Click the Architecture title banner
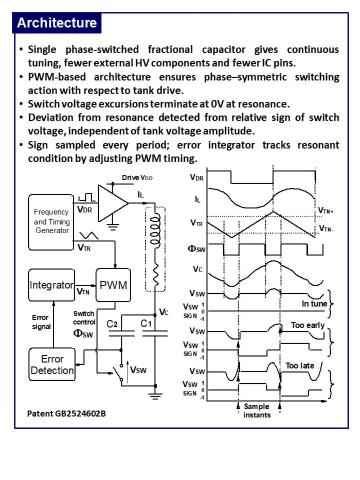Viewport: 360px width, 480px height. click(x=57, y=23)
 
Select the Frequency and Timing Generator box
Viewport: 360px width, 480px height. click(x=51, y=222)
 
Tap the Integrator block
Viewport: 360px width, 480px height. click(x=51, y=285)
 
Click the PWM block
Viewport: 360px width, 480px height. click(x=113, y=285)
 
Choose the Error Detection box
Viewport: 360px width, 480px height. click(x=52, y=364)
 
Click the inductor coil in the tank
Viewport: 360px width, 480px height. click(x=155, y=229)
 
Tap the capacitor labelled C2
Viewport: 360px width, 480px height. click(x=122, y=333)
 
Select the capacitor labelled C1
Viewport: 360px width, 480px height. click(x=155, y=333)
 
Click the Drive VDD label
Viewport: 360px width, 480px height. click(x=137, y=177)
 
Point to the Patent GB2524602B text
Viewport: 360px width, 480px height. click(x=66, y=414)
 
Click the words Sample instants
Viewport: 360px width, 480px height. click(x=257, y=411)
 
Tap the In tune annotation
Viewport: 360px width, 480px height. click(x=314, y=304)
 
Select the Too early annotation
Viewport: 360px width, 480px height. click(x=308, y=325)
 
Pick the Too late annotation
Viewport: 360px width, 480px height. click(x=300, y=365)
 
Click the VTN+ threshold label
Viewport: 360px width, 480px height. click(x=326, y=210)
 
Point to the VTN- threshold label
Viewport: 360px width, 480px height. click(x=326, y=228)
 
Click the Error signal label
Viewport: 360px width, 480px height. click(x=41, y=322)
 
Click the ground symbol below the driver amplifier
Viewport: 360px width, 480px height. click(x=113, y=227)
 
